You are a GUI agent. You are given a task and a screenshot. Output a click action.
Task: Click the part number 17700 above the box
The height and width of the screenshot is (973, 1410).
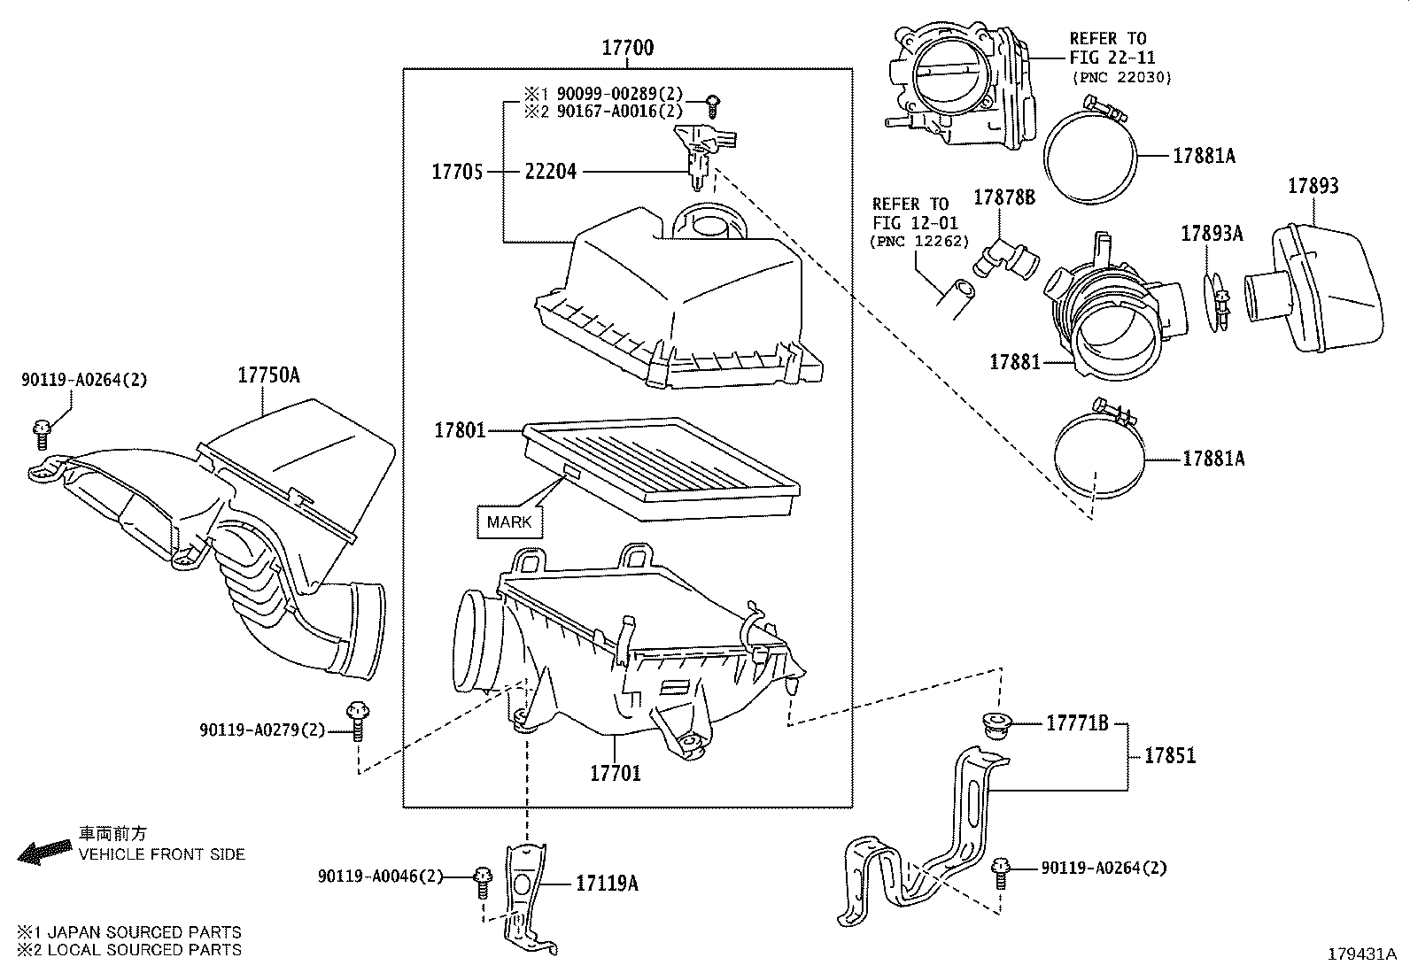(627, 48)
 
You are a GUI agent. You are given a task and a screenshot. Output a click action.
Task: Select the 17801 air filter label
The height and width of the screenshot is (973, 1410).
(459, 431)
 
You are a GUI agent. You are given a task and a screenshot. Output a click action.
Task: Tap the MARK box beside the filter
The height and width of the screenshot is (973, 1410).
(509, 521)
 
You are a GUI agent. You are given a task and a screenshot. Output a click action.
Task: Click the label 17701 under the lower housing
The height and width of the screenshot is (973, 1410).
(616, 773)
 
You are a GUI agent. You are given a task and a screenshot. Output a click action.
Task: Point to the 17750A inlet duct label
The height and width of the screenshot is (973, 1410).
(268, 375)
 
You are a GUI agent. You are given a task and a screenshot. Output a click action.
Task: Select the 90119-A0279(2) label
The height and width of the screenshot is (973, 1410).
(262, 730)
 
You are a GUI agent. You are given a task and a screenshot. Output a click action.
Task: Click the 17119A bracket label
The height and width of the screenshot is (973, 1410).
(607, 883)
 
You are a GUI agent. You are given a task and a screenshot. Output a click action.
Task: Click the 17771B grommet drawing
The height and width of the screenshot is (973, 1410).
(999, 723)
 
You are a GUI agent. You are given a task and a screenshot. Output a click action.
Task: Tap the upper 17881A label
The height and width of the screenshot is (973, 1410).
(1204, 156)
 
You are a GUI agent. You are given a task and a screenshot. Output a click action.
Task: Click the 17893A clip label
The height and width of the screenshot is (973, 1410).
(1212, 233)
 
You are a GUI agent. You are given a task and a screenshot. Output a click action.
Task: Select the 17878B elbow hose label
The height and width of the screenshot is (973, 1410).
(1004, 197)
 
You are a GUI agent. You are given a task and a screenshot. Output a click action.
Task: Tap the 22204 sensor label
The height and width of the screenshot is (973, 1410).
(550, 172)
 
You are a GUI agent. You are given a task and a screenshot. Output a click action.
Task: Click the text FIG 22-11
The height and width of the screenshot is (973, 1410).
(1107, 58)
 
